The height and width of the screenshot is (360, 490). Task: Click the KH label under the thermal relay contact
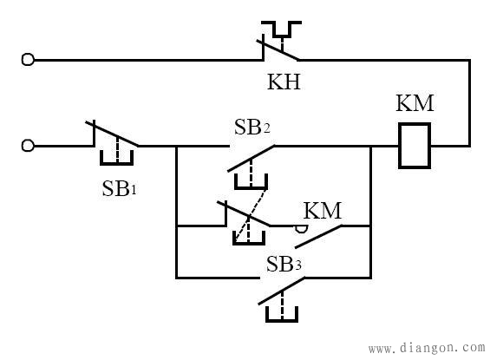[284, 82]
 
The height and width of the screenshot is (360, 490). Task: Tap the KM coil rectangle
[415, 124]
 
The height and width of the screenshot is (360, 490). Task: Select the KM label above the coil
[415, 103]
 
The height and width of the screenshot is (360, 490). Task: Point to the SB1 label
[120, 188]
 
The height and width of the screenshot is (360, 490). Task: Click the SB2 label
[252, 127]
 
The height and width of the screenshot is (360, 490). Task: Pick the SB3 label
[284, 264]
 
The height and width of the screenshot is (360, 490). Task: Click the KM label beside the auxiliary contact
[323, 210]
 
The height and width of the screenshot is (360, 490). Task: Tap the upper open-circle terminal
[28, 59]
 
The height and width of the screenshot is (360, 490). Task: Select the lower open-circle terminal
[28, 146]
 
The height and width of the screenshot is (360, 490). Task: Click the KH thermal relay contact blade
[278, 49]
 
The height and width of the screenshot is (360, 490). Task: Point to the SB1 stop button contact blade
[112, 134]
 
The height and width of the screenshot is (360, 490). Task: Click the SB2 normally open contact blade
[251, 159]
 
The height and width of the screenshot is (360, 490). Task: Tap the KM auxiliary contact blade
[318, 237]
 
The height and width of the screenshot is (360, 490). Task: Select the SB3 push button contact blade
[281, 291]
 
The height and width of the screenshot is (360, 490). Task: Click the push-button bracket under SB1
[116, 163]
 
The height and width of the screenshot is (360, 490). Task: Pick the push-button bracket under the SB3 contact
[282, 320]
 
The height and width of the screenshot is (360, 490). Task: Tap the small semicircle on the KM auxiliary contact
[302, 229]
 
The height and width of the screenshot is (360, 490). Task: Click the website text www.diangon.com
[427, 348]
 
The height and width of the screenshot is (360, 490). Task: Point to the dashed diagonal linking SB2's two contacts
[251, 216]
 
